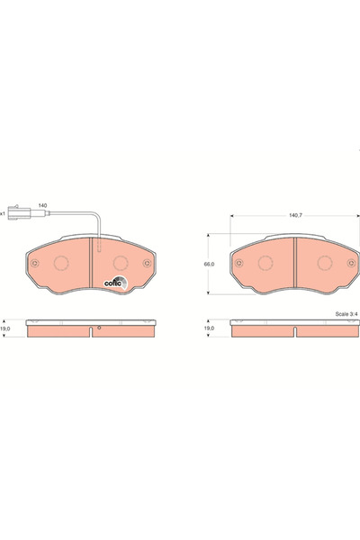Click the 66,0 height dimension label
click(x=208, y=264)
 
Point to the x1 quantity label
click(x=4, y=214)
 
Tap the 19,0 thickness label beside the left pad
click(x=6, y=330)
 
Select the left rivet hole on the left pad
click(x=35, y=264)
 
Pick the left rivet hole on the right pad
click(x=240, y=264)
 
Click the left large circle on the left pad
click(x=62, y=264)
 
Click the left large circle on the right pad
click(x=266, y=264)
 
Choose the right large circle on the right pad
click(x=323, y=264)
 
